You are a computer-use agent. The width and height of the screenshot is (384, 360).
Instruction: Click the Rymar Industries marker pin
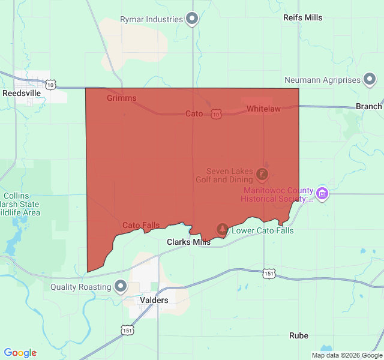[192, 19]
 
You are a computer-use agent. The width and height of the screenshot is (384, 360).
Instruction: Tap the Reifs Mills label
[302, 17]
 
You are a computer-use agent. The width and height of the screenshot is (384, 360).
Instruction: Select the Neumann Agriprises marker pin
[370, 80]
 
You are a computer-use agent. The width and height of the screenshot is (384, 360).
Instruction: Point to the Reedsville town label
[22, 94]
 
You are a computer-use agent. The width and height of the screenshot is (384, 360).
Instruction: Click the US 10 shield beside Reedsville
[51, 85]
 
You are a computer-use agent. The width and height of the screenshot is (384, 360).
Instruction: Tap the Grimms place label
[122, 98]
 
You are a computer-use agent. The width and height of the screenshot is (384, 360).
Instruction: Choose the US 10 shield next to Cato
[216, 113]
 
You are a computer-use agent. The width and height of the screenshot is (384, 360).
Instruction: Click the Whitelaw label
[263, 109]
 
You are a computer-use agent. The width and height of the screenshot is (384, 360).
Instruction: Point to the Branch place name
[368, 106]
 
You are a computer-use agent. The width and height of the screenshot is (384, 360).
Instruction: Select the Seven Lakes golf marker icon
[262, 175]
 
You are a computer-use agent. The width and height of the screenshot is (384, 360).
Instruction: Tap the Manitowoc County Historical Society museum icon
[322, 193]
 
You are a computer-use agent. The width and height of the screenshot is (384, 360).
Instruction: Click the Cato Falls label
[141, 225]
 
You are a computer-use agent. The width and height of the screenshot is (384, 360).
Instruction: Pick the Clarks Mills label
[188, 242]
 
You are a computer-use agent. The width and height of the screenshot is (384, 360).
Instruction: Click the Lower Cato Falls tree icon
[223, 229]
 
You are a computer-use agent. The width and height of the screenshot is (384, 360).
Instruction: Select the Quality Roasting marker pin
[121, 287]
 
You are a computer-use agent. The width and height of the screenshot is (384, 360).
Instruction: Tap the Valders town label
[154, 299]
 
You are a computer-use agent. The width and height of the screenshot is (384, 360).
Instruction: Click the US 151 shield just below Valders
[127, 330]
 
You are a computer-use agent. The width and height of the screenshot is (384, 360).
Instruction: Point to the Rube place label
[298, 335]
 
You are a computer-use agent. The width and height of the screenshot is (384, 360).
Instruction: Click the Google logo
[20, 353]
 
